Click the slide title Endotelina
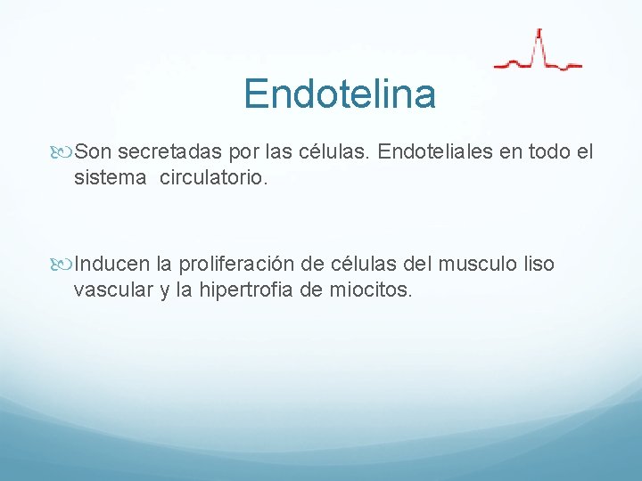pos(339,94)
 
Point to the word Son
pos(94,152)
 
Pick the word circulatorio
pos(213,178)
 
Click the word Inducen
pos(112,265)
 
